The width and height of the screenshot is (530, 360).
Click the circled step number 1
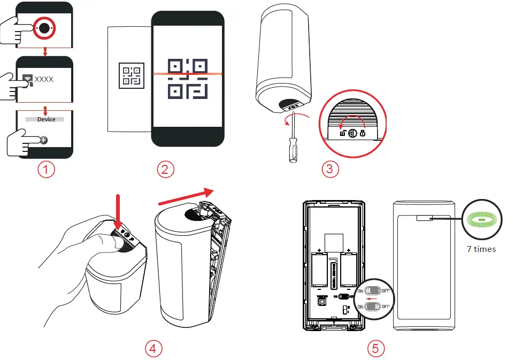pos(46,170)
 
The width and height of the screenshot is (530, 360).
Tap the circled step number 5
pos(376,348)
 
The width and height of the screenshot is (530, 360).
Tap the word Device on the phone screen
pos(46,119)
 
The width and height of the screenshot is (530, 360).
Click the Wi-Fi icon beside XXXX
pos(27,80)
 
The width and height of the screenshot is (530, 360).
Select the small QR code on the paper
pos(131,74)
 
